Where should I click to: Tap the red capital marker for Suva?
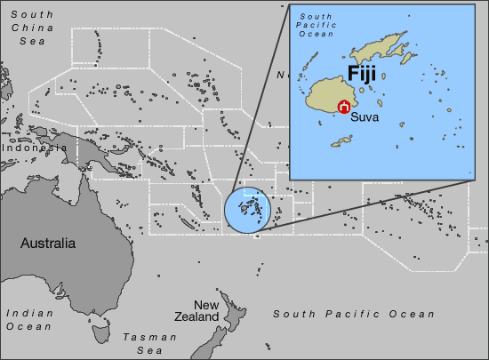344,107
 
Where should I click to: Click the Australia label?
48,243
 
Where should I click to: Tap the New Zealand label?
195,310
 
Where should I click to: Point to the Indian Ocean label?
29,320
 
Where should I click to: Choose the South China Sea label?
26,28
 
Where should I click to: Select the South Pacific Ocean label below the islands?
354,315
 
